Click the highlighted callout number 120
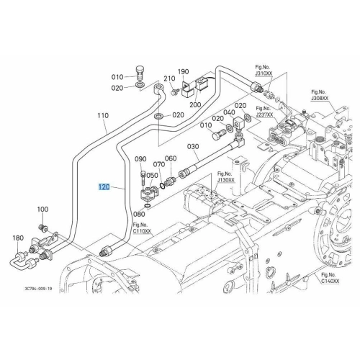click(x=104, y=186)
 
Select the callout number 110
click(x=103, y=115)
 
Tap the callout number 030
click(x=193, y=146)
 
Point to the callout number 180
click(x=18, y=238)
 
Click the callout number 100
click(x=42, y=210)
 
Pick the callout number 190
click(x=183, y=71)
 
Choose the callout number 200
click(x=195, y=104)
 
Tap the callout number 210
click(x=169, y=78)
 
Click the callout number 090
click(x=140, y=159)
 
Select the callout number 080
click(x=139, y=214)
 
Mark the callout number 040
click(x=229, y=112)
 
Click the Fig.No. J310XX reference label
click(x=264, y=71)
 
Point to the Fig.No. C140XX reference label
click(x=330, y=279)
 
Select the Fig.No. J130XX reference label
click(x=226, y=176)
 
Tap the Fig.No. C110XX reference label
click(x=143, y=228)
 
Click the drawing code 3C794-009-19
click(x=38, y=289)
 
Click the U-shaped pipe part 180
click(x=23, y=261)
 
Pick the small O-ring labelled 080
click(x=148, y=205)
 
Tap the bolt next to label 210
click(x=175, y=91)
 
